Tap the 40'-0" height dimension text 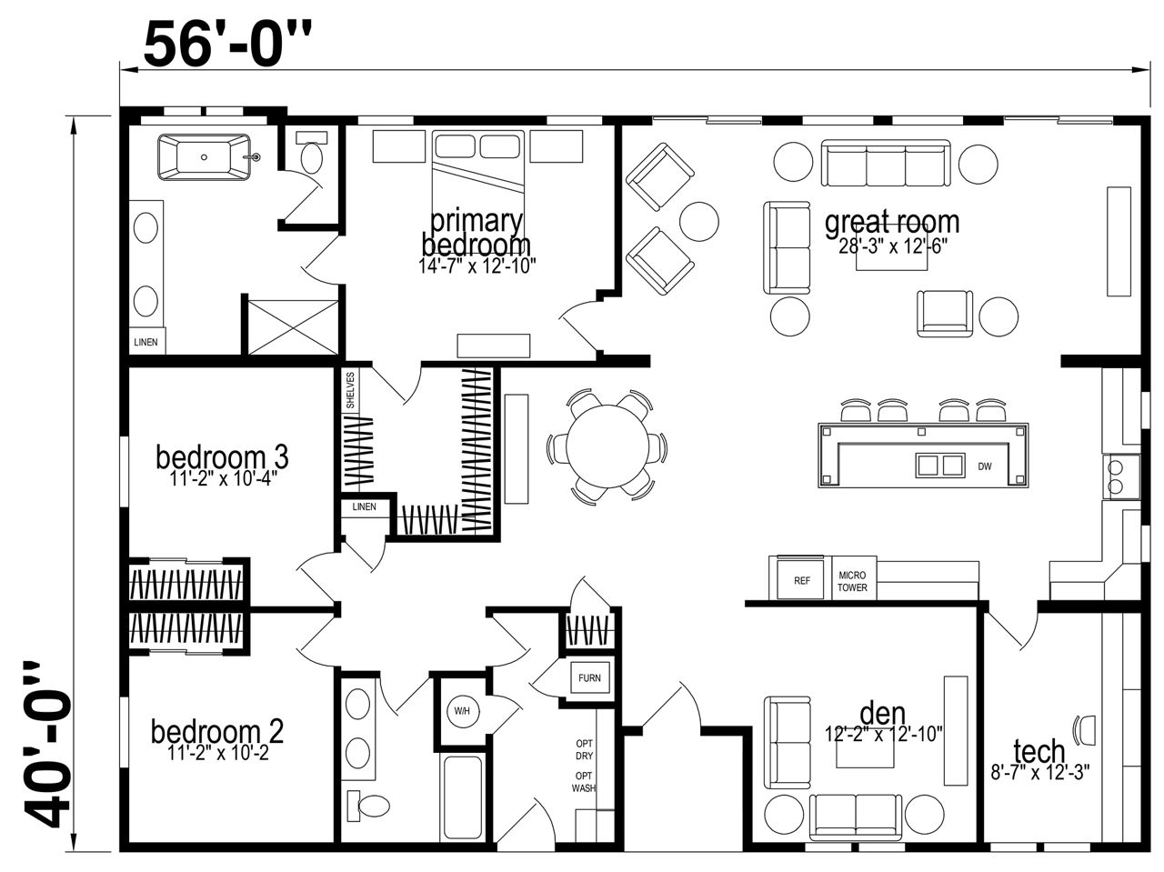(x=46, y=745)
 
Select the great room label (x=892, y=222)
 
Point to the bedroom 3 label (x=222, y=457)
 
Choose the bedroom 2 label (x=217, y=732)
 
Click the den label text (x=882, y=714)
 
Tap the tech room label (x=1039, y=751)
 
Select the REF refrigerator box (x=801, y=580)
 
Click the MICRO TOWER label (x=852, y=581)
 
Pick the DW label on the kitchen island (x=985, y=466)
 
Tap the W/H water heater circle (x=462, y=711)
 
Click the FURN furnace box (x=589, y=678)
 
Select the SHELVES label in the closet (x=350, y=390)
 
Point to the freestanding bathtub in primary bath (x=205, y=157)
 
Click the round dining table (x=607, y=446)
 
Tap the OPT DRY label (x=585, y=749)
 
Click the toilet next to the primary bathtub (x=311, y=151)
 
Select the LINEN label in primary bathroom (x=145, y=342)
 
